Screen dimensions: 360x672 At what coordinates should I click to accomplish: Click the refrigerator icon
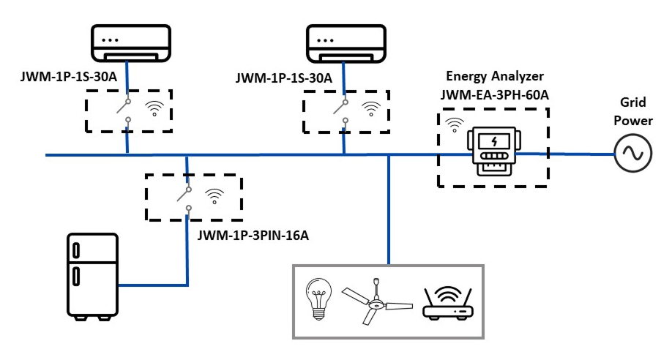pyautogui.click(x=92, y=277)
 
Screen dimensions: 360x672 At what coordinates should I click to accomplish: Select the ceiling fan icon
pyautogui.click(x=374, y=301)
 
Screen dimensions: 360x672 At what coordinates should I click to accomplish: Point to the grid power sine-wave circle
pyautogui.click(x=632, y=154)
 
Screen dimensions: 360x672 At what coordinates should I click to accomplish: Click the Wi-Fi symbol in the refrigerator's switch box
pyautogui.click(x=214, y=195)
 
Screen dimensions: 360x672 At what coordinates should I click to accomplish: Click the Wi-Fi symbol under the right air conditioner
pyautogui.click(x=372, y=110)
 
